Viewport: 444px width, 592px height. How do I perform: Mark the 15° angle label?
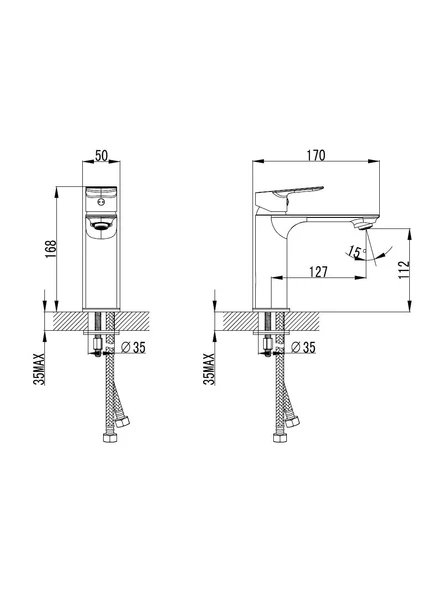[355, 252]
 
